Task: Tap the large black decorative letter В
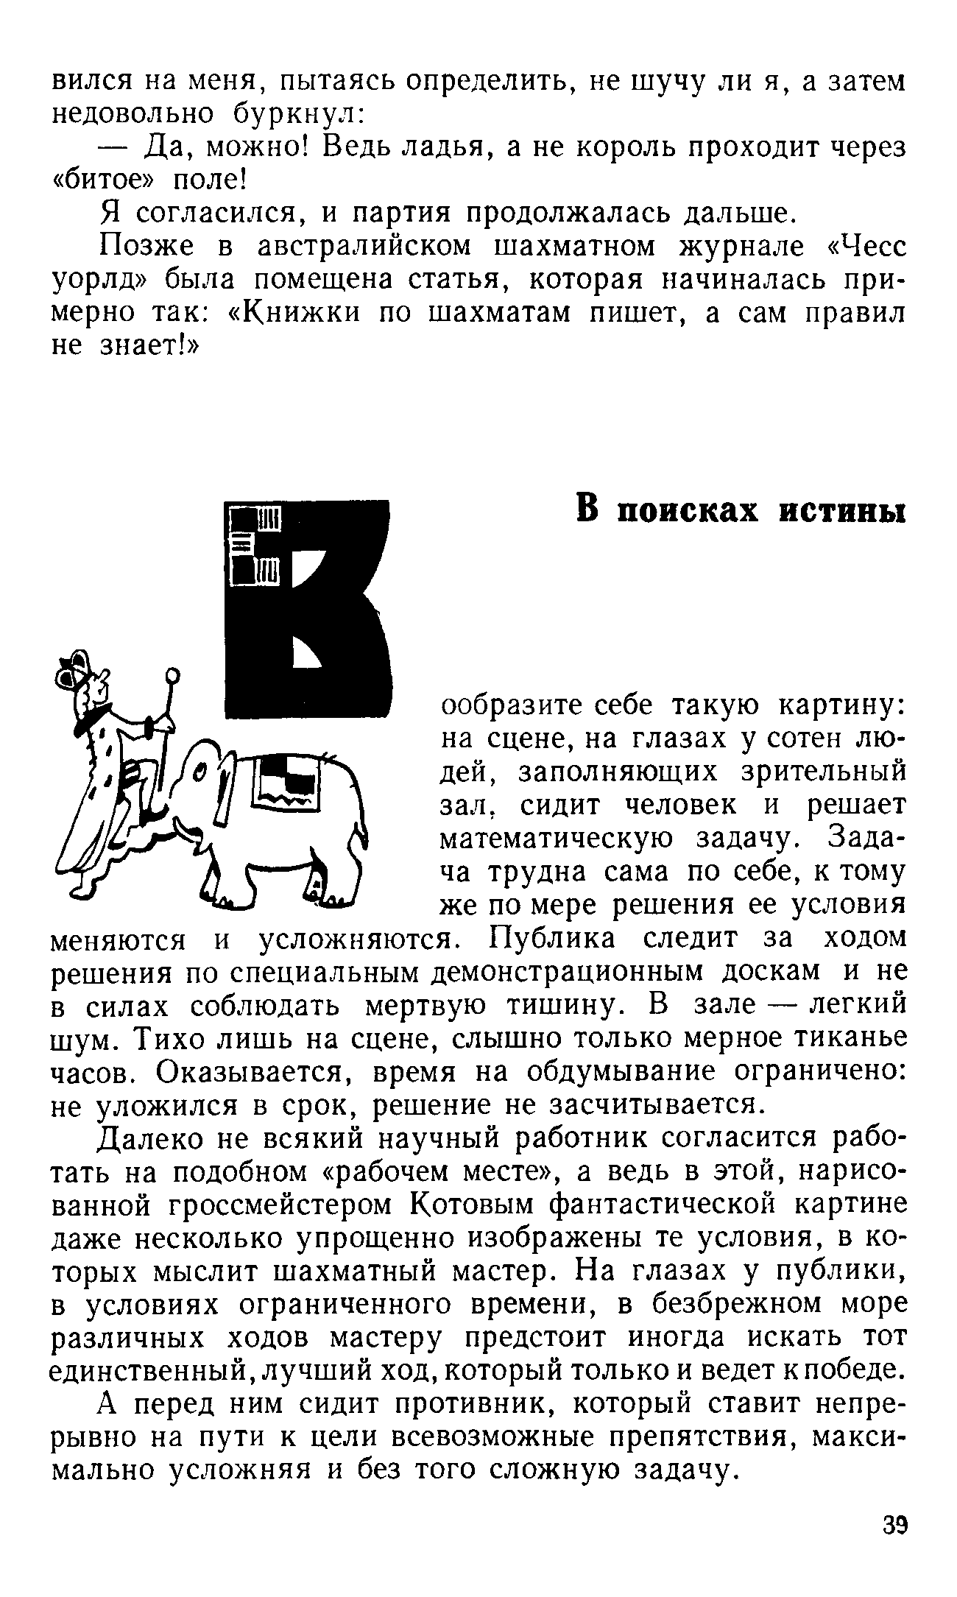[x=309, y=611]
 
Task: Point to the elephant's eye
[x=199, y=773]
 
